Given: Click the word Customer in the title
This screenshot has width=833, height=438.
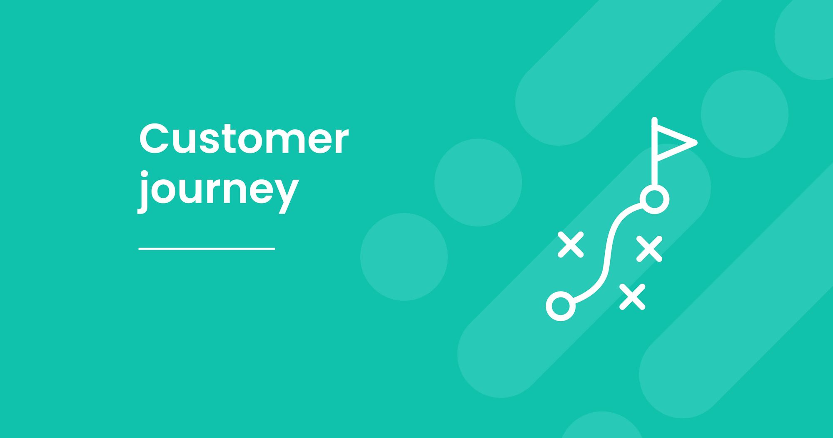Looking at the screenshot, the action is (x=244, y=138).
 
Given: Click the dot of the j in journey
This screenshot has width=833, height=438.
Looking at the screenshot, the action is (x=144, y=174).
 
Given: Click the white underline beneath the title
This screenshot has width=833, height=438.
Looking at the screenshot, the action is (x=207, y=249).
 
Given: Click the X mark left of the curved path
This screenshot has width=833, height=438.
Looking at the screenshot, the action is (x=571, y=244).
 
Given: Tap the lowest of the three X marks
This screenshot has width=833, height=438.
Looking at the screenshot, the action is (x=632, y=297).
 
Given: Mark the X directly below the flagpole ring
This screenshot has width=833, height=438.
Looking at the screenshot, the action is (x=649, y=249).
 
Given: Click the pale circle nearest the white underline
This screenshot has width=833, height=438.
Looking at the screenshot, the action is (x=404, y=257).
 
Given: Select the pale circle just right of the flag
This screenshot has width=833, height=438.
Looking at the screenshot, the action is (x=745, y=114).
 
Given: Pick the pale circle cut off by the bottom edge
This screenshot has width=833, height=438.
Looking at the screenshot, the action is (x=602, y=425).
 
